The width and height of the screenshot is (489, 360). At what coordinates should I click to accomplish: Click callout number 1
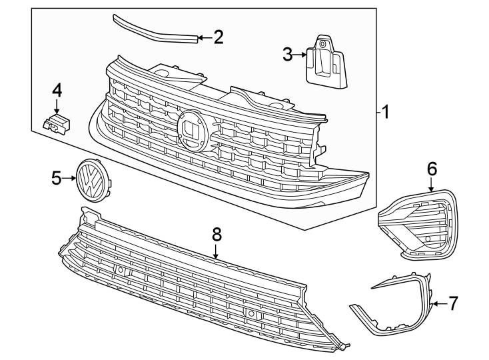pos(384,112)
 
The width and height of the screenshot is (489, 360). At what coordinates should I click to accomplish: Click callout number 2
pos(218,37)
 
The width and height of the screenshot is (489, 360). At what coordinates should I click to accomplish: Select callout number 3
pos(288,55)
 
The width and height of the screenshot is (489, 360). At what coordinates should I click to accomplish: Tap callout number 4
pos(57,89)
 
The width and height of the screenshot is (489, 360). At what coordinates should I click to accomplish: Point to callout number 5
pos(57,177)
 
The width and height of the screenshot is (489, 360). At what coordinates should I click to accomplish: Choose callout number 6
pos(432,169)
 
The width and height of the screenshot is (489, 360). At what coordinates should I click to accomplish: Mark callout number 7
pos(452,303)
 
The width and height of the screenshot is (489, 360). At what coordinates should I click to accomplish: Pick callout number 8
pos(216,234)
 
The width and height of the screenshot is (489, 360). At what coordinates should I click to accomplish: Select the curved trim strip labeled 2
pos(153,27)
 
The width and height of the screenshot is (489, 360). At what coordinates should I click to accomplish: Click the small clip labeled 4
pos(57,123)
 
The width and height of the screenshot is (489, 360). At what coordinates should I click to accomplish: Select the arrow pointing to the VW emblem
pos(69,177)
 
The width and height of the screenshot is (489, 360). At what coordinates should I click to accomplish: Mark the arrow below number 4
pos(57,107)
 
